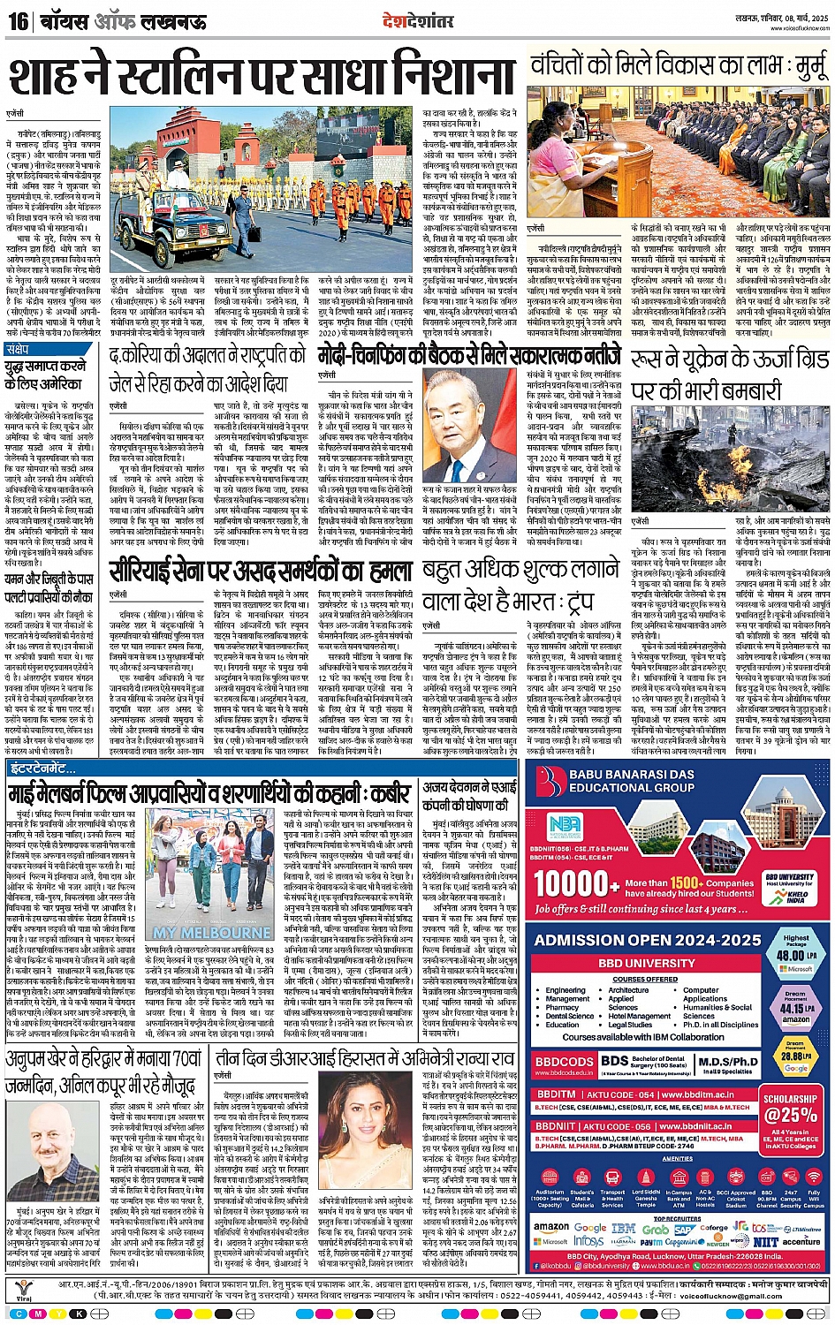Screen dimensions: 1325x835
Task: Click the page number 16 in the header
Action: [x=19, y=19]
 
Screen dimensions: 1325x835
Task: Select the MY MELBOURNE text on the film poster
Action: [x=212, y=932]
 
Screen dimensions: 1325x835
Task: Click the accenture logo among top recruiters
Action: [x=801, y=1241]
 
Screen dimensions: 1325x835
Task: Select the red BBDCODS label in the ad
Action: [x=565, y=1061]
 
